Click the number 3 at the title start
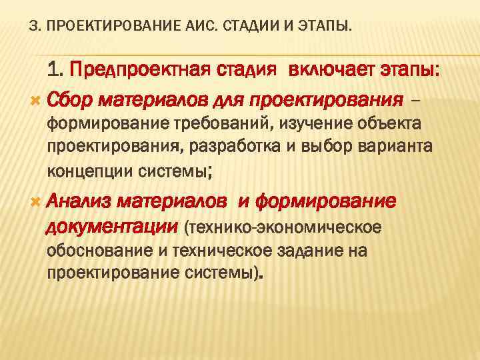[34, 27]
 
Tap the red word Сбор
[71, 100]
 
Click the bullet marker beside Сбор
[35, 101]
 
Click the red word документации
[111, 227]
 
